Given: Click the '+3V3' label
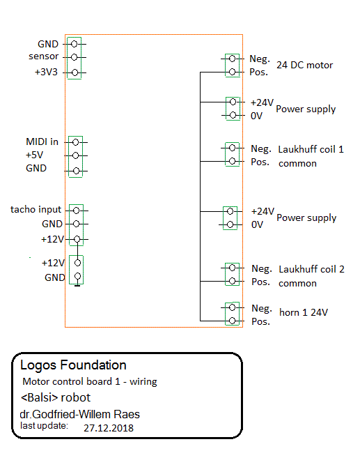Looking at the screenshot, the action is pyautogui.click(x=46, y=72).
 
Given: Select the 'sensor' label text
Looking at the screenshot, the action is pyautogui.click(x=44, y=56).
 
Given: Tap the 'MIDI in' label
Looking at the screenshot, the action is pyautogui.click(x=42, y=142).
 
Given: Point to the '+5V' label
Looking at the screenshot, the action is pyautogui.click(x=35, y=155).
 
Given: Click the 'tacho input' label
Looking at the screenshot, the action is pyautogui.click(x=36, y=209).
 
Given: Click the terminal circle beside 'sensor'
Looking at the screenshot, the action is pyautogui.click(x=74, y=57).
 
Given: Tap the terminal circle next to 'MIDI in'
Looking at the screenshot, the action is pyautogui.click(x=76, y=142).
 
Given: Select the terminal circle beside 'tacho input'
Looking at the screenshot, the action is pyautogui.click(x=76, y=211).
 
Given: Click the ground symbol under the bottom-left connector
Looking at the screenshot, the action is pyautogui.click(x=77, y=286).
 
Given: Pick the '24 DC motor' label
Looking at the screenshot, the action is pyautogui.click(x=304, y=66).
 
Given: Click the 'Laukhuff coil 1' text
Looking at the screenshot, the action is pyautogui.click(x=311, y=149).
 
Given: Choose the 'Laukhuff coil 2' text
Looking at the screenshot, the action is pyautogui.click(x=311, y=269).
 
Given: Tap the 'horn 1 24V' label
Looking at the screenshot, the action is pyautogui.click(x=304, y=312).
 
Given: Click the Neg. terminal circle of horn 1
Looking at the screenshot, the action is pyautogui.click(x=232, y=307).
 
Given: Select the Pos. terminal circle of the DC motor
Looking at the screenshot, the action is pyautogui.click(x=232, y=72).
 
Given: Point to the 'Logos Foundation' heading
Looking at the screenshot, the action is pyautogui.click(x=73, y=365).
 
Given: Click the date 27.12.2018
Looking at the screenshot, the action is pyautogui.click(x=109, y=428).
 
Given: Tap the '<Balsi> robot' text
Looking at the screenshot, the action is pyautogui.click(x=56, y=397).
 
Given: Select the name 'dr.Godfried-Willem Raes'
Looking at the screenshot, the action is pyautogui.click(x=79, y=415).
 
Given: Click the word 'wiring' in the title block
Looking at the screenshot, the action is pyautogui.click(x=143, y=382).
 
